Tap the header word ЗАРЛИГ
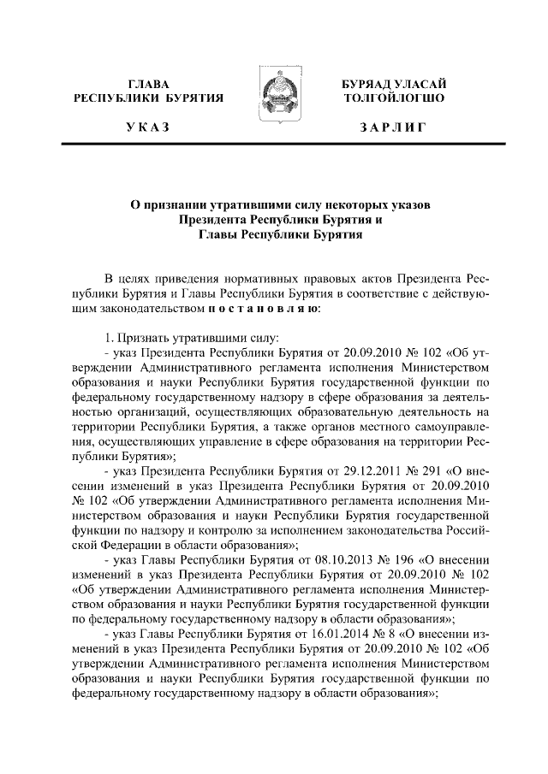393,127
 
